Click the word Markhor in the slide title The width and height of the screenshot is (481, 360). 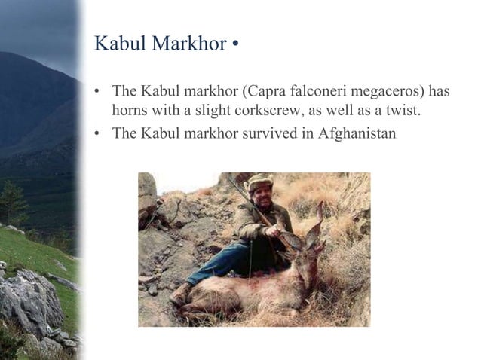point(189,44)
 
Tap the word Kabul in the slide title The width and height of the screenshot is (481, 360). point(121,44)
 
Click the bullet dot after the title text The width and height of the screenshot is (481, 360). point(236,44)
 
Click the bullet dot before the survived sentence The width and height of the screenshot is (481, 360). point(97,136)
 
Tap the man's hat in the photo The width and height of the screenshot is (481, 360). point(260,181)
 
